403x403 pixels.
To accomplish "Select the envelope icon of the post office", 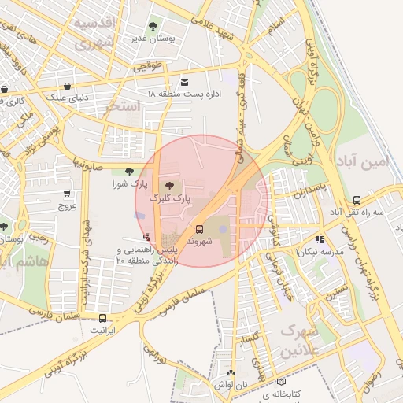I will click(185, 82).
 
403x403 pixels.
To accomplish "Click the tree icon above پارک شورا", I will click(128, 172).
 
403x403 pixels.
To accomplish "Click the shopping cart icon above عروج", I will click(67, 193).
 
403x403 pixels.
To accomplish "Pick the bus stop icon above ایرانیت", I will click(102, 318).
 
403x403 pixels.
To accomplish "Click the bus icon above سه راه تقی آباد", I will click(357, 200).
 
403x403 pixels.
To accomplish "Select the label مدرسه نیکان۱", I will click(320, 250).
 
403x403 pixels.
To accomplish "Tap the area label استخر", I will click(124, 105).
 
